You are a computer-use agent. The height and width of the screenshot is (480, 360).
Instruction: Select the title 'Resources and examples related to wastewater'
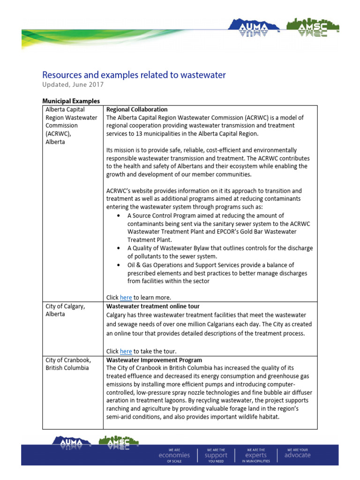tap(134, 75)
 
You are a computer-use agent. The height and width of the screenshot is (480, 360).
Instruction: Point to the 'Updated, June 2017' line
tap(73, 85)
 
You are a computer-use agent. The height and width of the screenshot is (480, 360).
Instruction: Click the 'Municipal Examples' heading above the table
tap(71, 101)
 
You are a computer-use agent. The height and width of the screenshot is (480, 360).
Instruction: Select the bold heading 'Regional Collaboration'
tap(137, 109)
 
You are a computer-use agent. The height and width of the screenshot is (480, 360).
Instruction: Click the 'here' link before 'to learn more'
tap(126, 298)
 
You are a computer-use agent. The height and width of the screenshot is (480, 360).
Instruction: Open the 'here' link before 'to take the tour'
tap(126, 352)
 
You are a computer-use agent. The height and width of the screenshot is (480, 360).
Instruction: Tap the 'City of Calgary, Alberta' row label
tap(65, 310)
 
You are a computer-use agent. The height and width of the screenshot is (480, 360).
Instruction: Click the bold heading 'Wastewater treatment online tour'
tap(153, 306)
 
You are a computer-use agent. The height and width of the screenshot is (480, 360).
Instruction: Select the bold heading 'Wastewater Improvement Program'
tap(154, 360)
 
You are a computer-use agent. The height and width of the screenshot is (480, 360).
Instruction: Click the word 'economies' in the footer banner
tap(174, 455)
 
